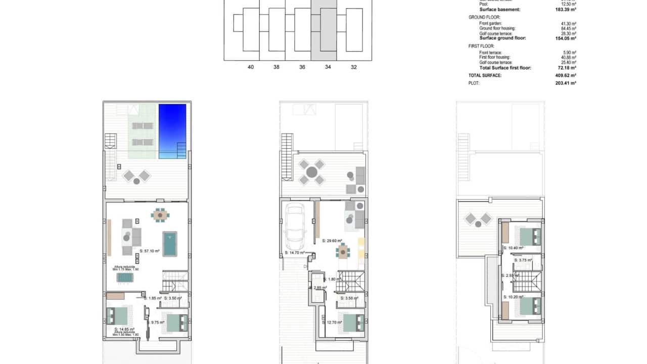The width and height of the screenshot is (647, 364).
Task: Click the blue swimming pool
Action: coord(172,130)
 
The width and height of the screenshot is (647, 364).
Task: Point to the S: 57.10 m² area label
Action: coord(150,251)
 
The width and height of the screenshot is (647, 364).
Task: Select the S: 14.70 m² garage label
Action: coord(295,252)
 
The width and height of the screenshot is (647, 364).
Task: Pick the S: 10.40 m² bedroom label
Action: coord(513,248)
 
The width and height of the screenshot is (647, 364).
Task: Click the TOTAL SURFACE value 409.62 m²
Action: coord(566,75)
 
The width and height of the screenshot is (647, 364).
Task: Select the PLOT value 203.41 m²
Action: coord(566,83)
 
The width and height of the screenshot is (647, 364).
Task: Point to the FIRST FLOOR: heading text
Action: coord(481,46)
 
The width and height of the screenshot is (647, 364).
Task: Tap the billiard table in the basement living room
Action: coord(170,244)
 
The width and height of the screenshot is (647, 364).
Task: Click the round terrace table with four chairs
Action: coord(312,172)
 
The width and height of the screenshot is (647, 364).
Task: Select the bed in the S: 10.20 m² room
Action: coord(531,306)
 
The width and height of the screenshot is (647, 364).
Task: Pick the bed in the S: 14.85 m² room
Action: coord(117,316)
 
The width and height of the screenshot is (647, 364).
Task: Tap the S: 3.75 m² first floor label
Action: coord(523,260)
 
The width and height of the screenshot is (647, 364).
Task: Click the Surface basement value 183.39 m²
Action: coord(566,10)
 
